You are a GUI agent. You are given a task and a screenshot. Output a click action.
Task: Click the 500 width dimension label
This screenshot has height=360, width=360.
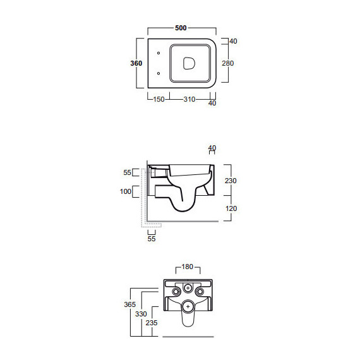181,28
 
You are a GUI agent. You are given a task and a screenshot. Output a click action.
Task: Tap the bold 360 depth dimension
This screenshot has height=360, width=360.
136,63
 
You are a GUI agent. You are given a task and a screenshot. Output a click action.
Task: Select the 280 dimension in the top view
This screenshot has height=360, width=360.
228,63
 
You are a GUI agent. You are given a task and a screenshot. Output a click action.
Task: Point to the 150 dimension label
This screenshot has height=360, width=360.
159,99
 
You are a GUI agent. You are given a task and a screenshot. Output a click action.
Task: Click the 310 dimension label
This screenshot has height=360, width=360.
189,99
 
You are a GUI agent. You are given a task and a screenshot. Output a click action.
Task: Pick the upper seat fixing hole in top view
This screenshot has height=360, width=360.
159,53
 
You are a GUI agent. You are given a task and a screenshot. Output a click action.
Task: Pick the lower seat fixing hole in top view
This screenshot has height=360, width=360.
159,73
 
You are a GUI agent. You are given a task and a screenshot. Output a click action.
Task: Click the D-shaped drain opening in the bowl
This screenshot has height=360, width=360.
189,63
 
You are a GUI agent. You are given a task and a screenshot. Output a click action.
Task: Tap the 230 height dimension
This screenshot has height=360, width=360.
231,181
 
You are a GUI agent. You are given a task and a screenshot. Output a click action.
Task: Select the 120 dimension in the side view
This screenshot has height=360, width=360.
231,208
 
